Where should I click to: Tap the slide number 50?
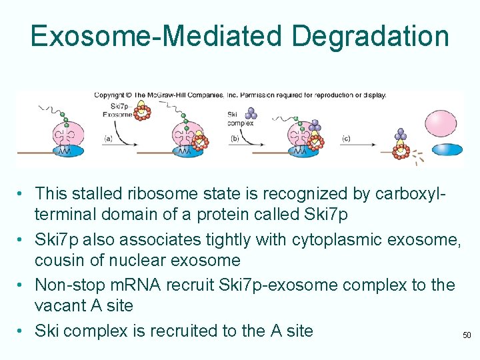point(467,335)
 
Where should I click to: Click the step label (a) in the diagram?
point(109,139)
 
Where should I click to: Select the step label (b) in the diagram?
point(235,139)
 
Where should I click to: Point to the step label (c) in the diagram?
point(345,139)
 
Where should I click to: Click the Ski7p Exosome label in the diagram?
point(122,110)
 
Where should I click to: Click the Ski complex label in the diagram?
point(239,118)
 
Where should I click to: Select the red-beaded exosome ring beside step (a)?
point(143,113)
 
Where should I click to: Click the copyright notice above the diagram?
point(239,95)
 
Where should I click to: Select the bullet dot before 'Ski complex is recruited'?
point(23,331)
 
